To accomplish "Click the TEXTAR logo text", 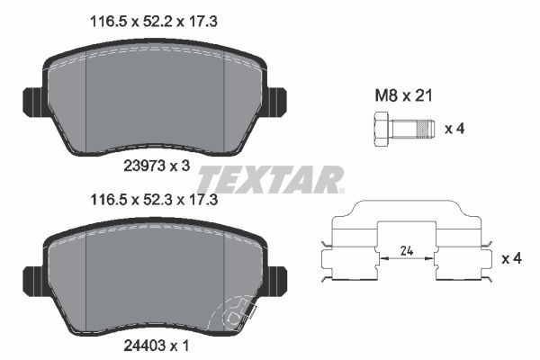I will point(270,180).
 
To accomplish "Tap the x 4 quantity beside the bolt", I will point(457,128).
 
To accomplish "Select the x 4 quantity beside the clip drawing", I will point(510,259).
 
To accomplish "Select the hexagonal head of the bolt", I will point(379,128).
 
